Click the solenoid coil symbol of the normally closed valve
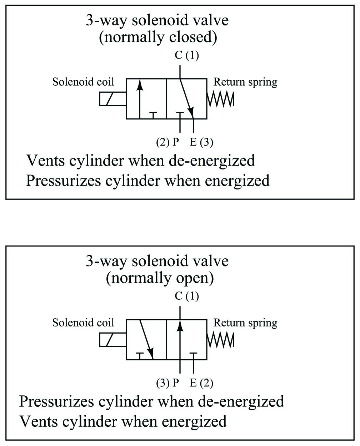(x=112, y=99)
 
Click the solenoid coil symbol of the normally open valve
(x=112, y=340)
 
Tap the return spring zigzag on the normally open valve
(x=221, y=340)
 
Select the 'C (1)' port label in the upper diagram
(x=187, y=55)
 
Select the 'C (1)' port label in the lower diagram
(x=187, y=296)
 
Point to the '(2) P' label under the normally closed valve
(x=167, y=142)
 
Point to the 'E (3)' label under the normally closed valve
(x=201, y=142)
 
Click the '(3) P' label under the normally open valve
(x=167, y=383)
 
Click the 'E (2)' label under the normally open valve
(x=201, y=383)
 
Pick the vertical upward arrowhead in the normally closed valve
(x=140, y=85)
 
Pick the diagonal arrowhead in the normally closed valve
(x=191, y=112)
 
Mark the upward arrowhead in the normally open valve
(x=180, y=325)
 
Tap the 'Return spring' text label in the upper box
(x=245, y=82)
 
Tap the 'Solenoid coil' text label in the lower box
(x=83, y=323)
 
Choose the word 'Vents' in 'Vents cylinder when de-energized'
(x=45, y=161)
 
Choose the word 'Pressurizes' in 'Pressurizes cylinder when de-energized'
(x=56, y=402)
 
